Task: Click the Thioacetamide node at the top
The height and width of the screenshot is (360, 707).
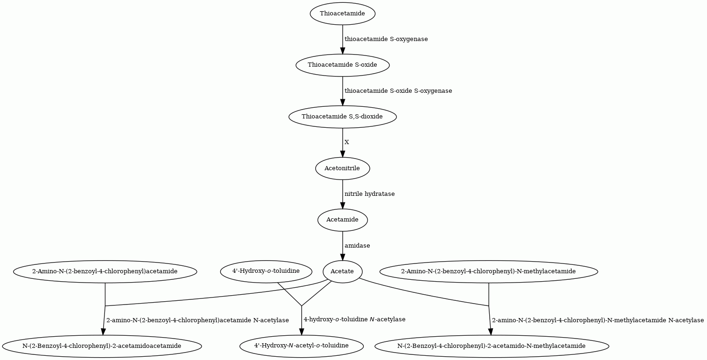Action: click(x=342, y=14)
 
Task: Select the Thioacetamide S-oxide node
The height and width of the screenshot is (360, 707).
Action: click(x=342, y=65)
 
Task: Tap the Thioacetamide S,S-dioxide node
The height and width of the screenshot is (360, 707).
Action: click(x=342, y=117)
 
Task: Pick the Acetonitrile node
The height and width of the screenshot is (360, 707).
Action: click(x=342, y=168)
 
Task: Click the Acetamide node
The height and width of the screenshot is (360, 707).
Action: click(x=342, y=220)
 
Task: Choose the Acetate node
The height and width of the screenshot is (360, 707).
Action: click(x=342, y=272)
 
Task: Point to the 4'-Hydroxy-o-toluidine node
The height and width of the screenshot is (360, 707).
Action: click(x=266, y=272)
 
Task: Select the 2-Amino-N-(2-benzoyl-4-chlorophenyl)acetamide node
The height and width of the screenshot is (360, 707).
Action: click(x=105, y=272)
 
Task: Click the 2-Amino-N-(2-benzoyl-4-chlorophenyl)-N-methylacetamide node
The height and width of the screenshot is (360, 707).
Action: click(x=489, y=272)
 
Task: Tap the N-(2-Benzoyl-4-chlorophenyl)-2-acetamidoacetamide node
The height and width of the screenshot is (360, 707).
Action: click(x=102, y=346)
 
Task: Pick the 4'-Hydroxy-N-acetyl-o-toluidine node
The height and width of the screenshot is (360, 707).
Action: click(x=301, y=346)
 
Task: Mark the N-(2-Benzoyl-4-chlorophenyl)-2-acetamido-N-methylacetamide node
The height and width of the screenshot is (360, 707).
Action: click(x=492, y=346)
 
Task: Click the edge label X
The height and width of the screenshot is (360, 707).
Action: click(x=347, y=142)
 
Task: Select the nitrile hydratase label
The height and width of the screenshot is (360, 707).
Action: click(x=370, y=194)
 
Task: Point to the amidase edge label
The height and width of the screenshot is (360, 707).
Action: click(x=357, y=246)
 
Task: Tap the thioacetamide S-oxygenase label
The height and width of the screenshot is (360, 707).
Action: click(x=386, y=39)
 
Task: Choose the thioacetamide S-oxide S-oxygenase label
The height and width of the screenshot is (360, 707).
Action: click(x=398, y=91)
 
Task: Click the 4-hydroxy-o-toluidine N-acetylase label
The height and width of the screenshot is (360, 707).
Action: click(x=354, y=319)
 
